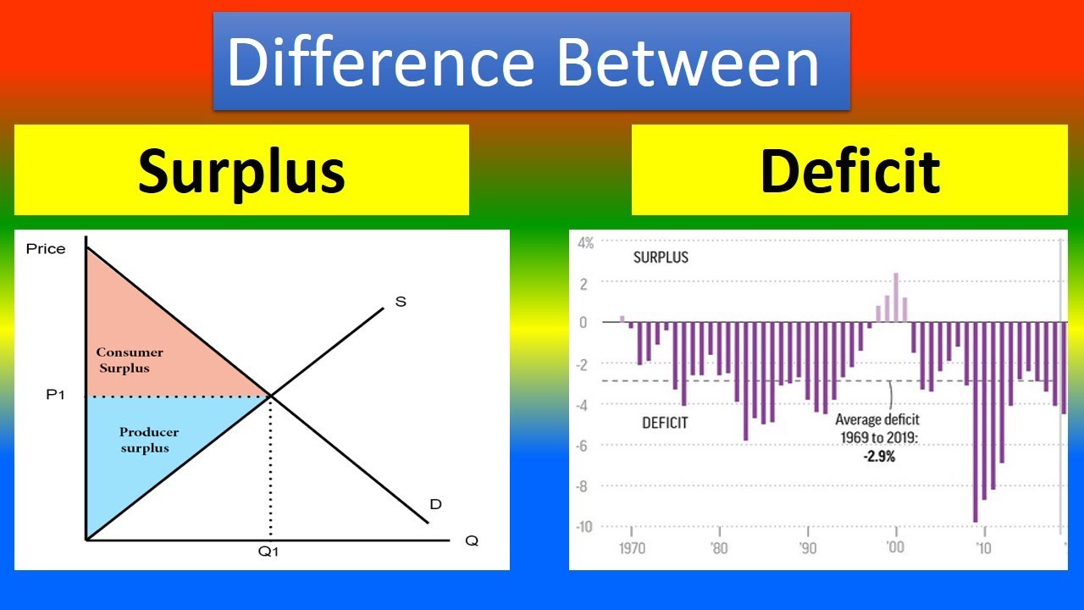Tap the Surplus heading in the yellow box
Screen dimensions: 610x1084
pyautogui.click(x=241, y=170)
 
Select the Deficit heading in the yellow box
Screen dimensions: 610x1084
pyautogui.click(x=849, y=170)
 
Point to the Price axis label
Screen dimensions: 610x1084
pyautogui.click(x=46, y=249)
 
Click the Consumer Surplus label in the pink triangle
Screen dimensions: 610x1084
pyautogui.click(x=130, y=360)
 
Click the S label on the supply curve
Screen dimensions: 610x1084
pyautogui.click(x=401, y=302)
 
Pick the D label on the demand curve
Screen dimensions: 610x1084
pyautogui.click(x=435, y=505)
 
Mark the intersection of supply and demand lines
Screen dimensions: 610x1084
pyautogui.click(x=270, y=396)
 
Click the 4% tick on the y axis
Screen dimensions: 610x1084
pyautogui.click(x=586, y=243)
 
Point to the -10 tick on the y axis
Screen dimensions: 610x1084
pyautogui.click(x=584, y=527)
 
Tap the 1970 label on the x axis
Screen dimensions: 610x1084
pyautogui.click(x=632, y=548)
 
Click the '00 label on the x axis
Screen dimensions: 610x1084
pyautogui.click(x=896, y=548)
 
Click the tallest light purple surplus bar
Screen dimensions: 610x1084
pyautogui.click(x=896, y=297)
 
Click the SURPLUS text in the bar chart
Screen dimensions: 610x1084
pyautogui.click(x=661, y=258)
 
